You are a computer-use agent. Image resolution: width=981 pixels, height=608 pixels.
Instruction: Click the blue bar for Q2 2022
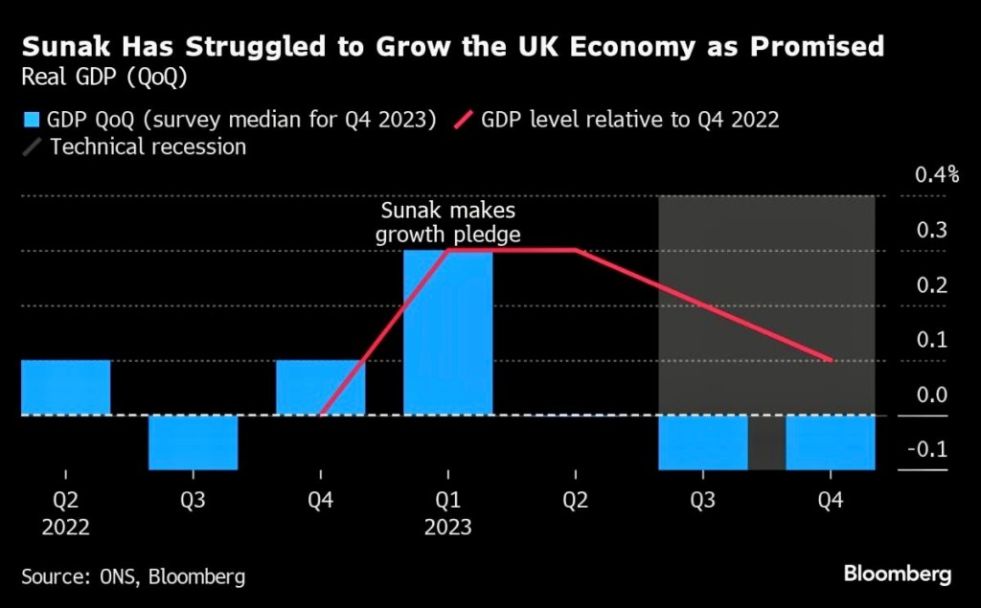(x=65, y=388)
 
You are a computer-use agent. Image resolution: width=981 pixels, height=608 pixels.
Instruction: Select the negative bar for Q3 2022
(x=193, y=442)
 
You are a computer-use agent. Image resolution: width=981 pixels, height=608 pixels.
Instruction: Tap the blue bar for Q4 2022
(x=320, y=388)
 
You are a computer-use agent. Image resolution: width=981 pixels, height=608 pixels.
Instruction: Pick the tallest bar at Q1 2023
(x=447, y=333)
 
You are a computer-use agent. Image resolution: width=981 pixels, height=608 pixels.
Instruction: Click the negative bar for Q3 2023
(x=702, y=442)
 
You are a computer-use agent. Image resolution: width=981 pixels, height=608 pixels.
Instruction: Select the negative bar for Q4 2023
(x=830, y=442)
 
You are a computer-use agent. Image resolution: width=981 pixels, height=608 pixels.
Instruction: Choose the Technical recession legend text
(x=148, y=147)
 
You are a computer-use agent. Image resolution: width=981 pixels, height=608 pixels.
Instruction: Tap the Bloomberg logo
(x=897, y=574)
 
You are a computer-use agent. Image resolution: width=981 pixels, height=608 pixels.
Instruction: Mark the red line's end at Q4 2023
(x=829, y=361)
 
